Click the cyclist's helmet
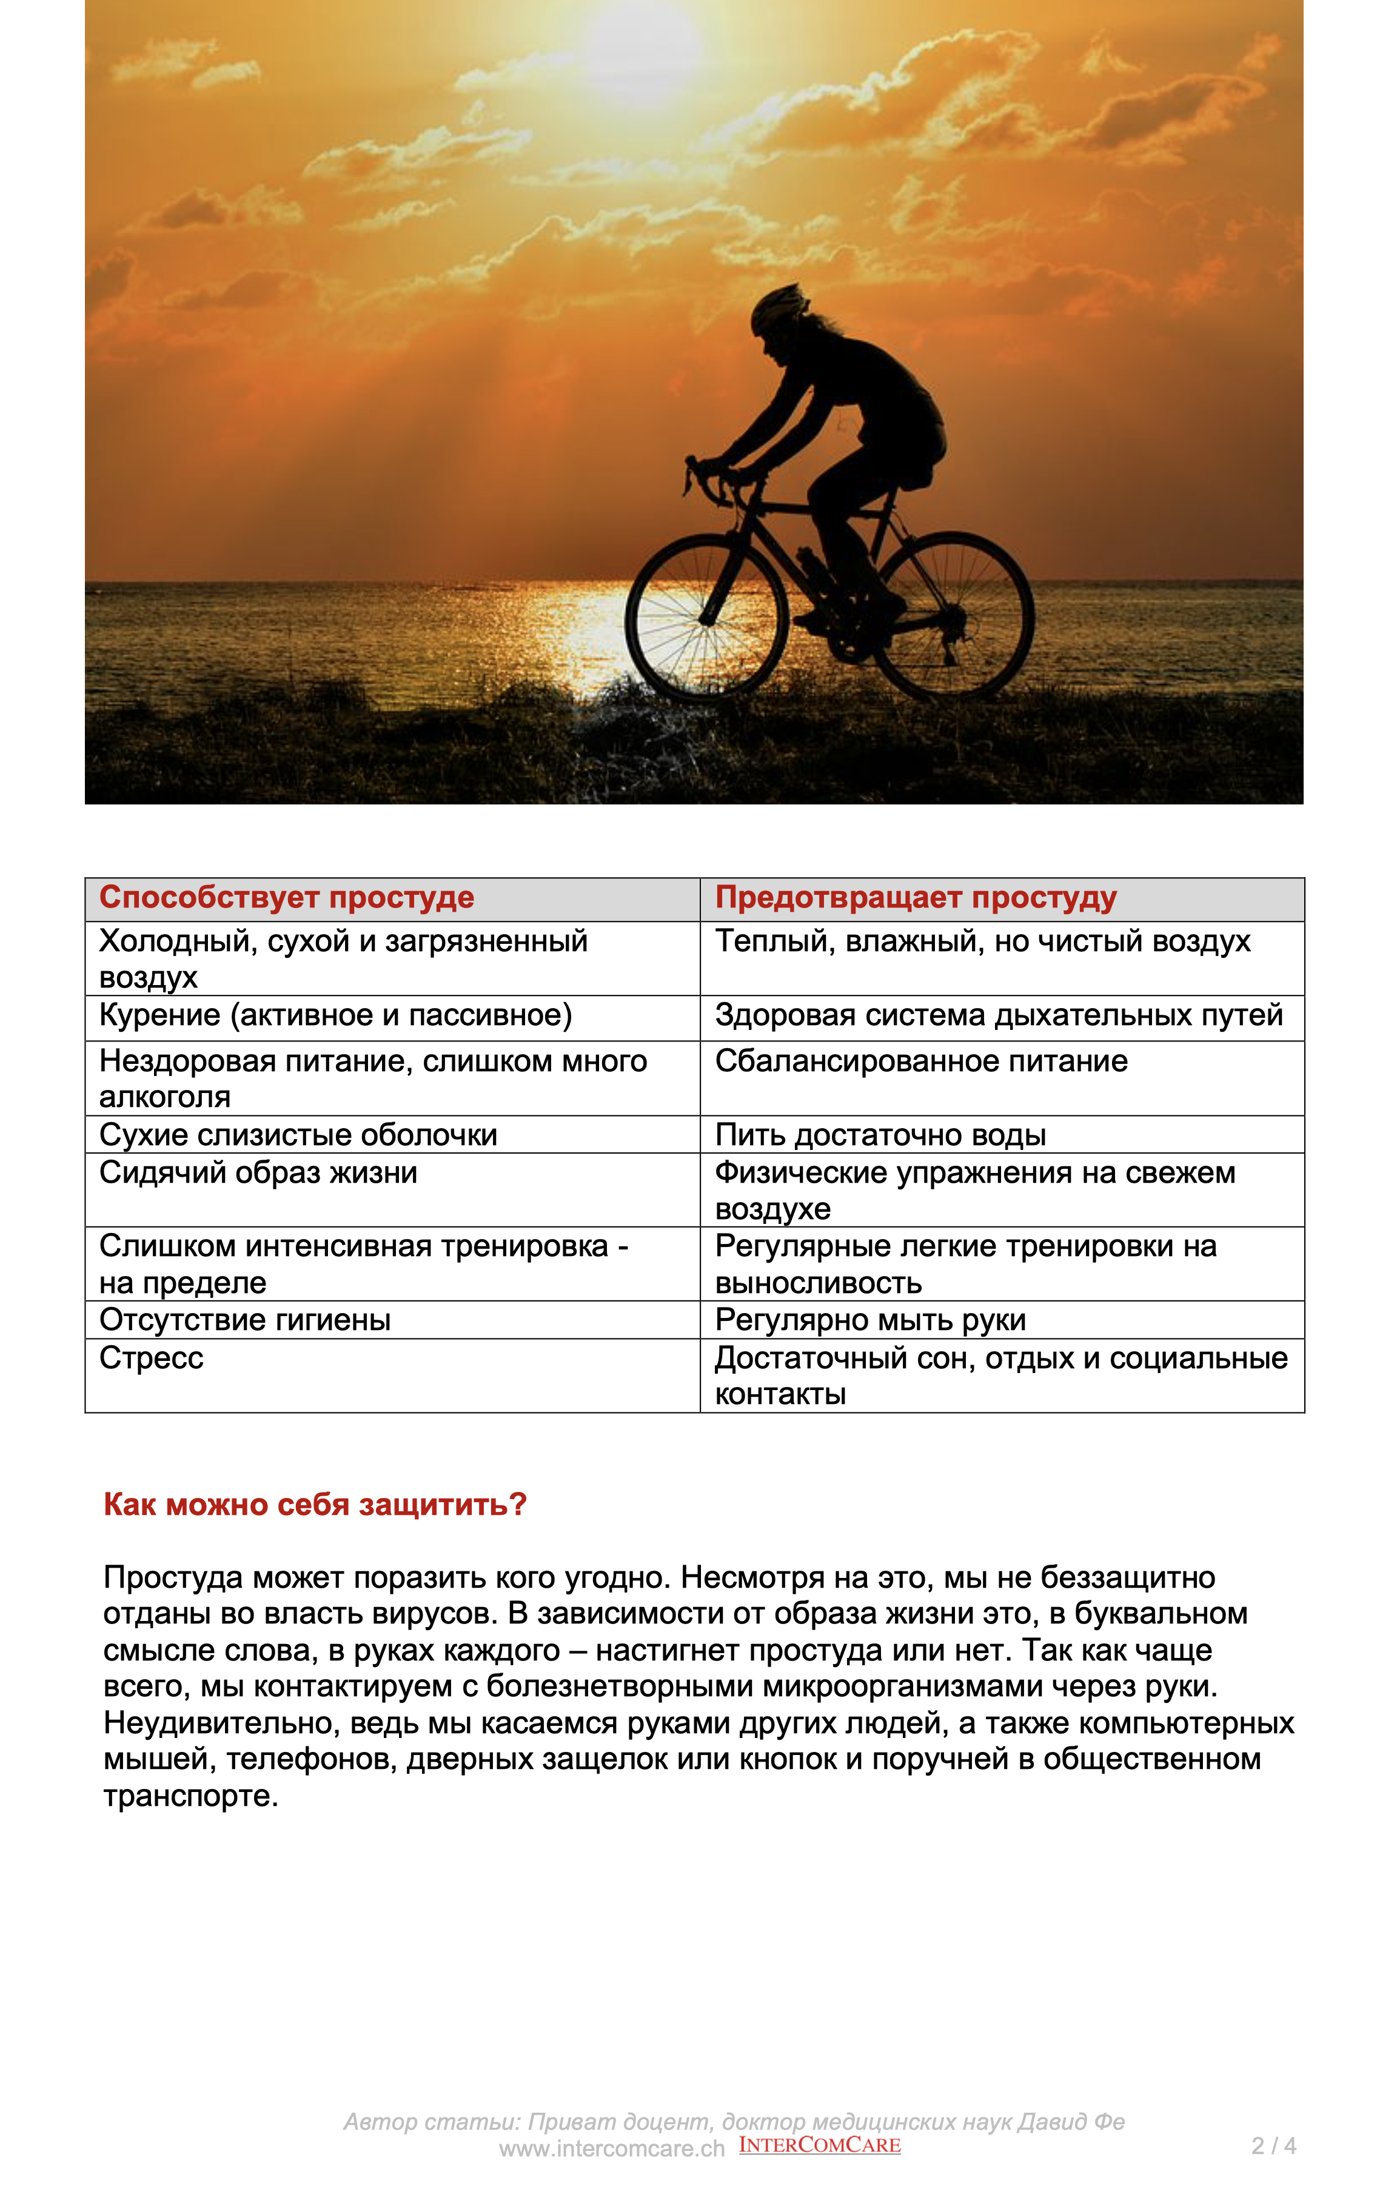coord(779,306)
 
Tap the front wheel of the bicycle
coord(706,617)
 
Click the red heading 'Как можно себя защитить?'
coord(315,1505)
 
